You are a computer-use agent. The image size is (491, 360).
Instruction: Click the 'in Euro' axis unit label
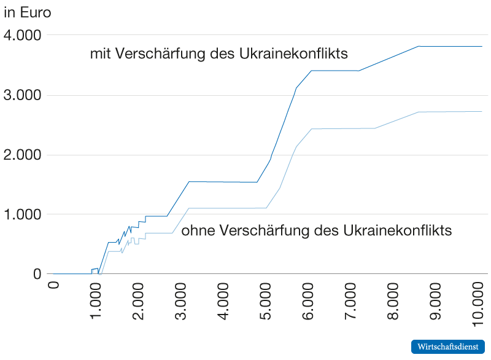point(28,12)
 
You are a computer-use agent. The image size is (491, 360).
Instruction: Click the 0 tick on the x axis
point(53,286)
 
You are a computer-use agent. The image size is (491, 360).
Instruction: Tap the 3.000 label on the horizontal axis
point(182,302)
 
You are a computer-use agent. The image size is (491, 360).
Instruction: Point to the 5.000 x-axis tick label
point(267,302)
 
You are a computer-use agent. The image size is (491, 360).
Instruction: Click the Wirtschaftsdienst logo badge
point(448,346)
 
